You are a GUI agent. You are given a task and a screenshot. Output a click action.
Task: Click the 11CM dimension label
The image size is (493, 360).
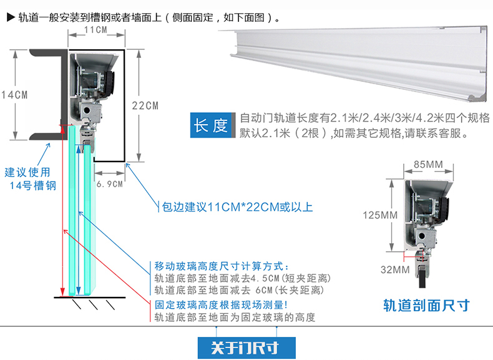coord(95,30)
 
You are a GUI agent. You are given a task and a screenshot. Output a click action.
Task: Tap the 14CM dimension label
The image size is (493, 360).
coord(14,95)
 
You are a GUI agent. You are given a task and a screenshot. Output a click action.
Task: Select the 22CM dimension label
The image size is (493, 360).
coord(145,105)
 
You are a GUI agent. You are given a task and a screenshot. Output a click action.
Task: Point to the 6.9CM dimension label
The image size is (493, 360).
coord(109,184)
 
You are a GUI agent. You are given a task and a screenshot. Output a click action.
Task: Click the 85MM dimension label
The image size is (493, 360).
coord(428,164)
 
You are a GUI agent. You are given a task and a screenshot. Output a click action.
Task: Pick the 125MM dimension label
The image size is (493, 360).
coord(380,215)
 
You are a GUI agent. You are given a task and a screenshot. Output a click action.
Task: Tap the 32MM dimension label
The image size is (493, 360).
coord(395,270)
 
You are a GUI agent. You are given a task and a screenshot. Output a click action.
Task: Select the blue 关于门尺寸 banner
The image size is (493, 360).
coord(246,348)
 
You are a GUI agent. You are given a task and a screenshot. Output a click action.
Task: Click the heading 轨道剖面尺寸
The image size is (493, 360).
coord(426,305)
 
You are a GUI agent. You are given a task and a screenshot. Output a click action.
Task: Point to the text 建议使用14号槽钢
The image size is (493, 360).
coord(30,179)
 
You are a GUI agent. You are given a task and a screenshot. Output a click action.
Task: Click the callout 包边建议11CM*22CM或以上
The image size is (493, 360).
coord(237,207)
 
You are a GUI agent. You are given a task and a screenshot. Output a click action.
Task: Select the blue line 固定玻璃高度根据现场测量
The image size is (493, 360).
coord(221,304)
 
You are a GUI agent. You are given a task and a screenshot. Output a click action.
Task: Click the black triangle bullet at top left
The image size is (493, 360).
coord(11,17)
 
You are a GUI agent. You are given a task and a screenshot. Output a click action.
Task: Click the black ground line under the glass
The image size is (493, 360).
coord(90,297)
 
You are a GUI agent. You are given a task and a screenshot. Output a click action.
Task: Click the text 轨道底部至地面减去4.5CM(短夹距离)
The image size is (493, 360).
coord(242,278)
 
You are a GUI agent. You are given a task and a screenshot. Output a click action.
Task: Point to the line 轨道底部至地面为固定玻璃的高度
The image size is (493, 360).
coord(235,317)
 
